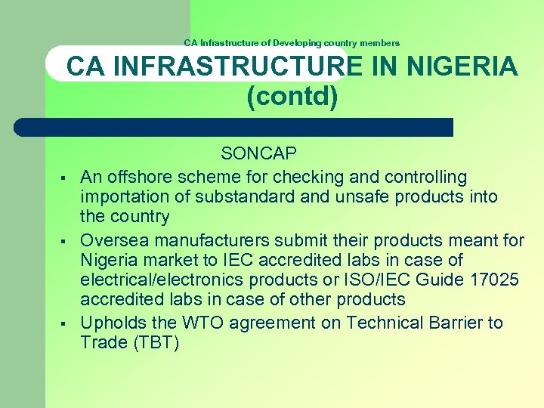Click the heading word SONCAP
[x=258, y=154]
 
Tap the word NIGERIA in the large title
[x=462, y=67]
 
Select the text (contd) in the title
[x=292, y=97]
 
